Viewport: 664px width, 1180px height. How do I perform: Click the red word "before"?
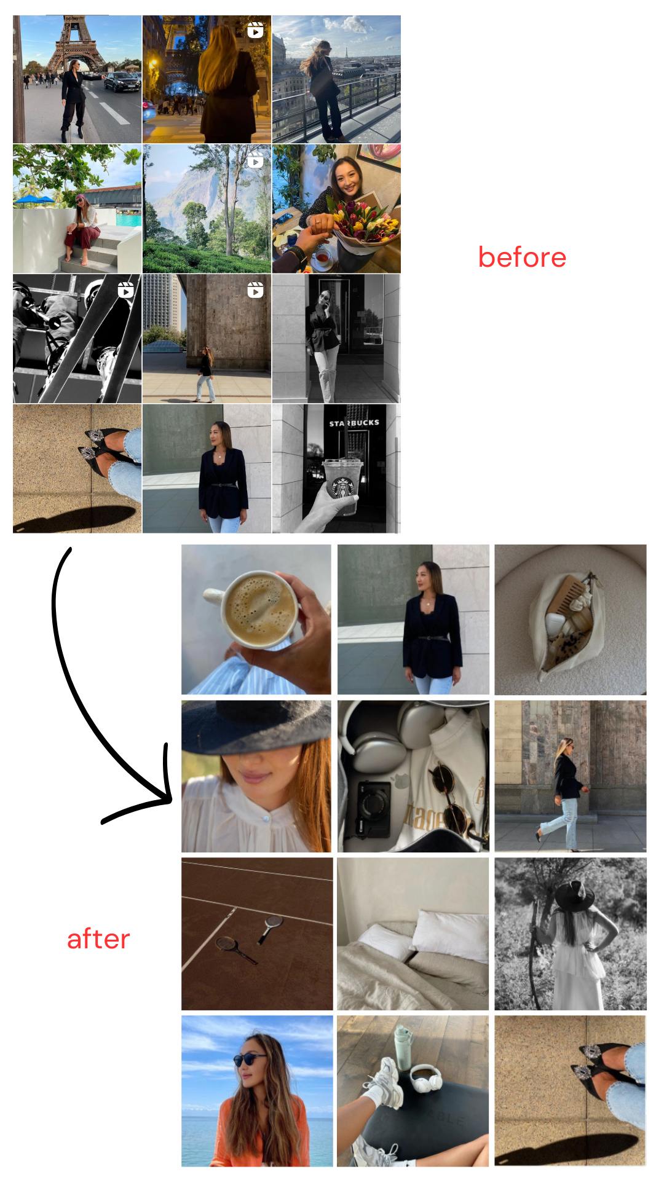pos(522,257)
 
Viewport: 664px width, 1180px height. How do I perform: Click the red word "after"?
pos(98,939)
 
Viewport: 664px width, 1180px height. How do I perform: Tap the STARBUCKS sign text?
pos(354,423)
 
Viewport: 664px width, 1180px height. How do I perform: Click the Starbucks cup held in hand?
pos(342,483)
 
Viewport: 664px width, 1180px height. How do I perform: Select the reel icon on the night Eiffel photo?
pos(255,30)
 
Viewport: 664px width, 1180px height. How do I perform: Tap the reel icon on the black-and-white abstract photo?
pos(125,289)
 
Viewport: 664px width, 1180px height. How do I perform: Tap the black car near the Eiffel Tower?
pos(122,81)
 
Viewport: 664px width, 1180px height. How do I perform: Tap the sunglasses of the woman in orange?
pos(249,1059)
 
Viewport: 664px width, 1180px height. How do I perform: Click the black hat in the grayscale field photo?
pos(574,895)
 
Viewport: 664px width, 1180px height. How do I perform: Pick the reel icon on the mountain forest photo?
pos(255,161)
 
